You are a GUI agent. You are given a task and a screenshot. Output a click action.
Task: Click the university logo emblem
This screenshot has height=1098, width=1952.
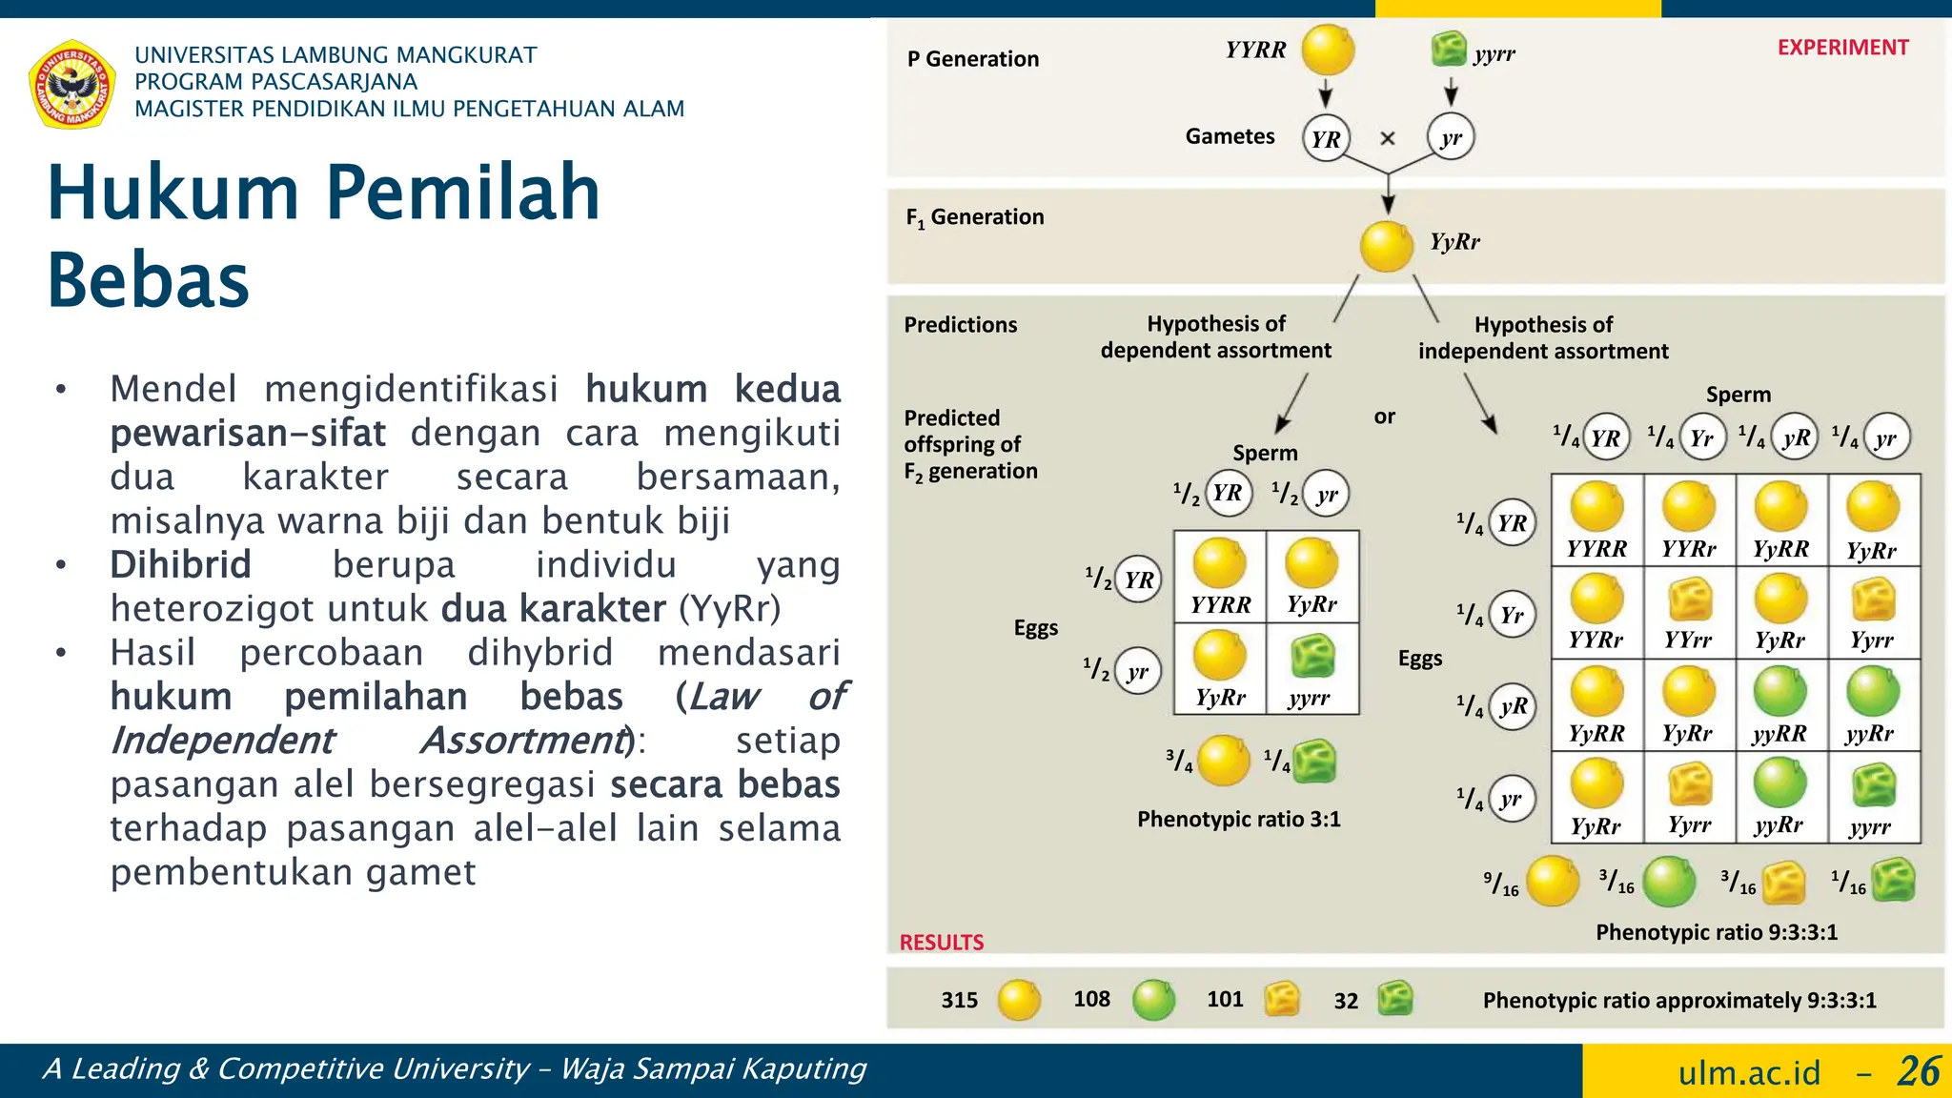click(x=72, y=84)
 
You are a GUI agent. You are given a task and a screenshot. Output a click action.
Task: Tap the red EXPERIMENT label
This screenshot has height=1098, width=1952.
click(x=1841, y=48)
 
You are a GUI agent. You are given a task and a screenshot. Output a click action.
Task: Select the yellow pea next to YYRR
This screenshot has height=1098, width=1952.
click(x=1328, y=50)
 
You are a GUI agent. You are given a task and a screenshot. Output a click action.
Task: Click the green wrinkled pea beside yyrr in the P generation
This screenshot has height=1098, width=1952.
click(x=1448, y=49)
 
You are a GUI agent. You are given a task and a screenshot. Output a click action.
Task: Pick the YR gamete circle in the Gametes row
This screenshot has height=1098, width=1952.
click(x=1326, y=139)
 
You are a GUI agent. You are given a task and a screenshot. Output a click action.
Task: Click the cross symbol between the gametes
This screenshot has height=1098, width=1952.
click(x=1388, y=138)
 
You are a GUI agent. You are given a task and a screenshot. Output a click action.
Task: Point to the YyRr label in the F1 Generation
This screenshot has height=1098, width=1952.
click(x=1454, y=242)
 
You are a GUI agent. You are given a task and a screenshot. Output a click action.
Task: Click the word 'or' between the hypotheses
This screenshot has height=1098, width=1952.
click(x=1384, y=417)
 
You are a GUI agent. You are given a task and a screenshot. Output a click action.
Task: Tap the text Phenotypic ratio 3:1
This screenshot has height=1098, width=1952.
click(x=1238, y=820)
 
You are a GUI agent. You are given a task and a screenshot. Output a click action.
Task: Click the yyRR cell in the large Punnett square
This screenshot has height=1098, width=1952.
click(x=1779, y=706)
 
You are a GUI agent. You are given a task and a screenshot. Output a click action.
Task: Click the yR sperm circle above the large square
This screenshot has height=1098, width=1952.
click(x=1796, y=437)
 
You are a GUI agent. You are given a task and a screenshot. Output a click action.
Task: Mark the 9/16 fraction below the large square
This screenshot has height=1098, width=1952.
click(x=1501, y=884)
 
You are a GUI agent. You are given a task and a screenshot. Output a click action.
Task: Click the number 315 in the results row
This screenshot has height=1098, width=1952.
click(x=959, y=1000)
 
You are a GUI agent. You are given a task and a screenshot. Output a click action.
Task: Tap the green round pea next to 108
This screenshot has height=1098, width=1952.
click(x=1153, y=1000)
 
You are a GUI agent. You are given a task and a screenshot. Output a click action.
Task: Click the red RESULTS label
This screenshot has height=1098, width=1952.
click(x=941, y=943)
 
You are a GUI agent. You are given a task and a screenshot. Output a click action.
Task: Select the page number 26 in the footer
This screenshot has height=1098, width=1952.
click(x=1918, y=1071)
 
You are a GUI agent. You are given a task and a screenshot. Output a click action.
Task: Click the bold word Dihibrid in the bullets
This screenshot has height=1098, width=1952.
click(x=180, y=565)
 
